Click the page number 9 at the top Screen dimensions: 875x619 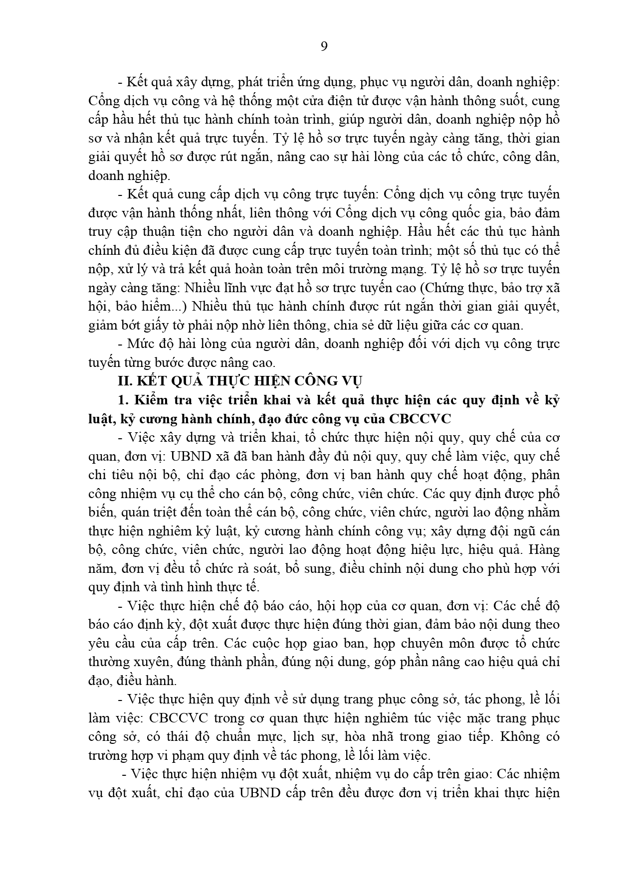coord(324,46)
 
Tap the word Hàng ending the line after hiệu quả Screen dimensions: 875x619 coord(545,550)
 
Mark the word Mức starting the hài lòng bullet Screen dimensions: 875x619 coord(141,344)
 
